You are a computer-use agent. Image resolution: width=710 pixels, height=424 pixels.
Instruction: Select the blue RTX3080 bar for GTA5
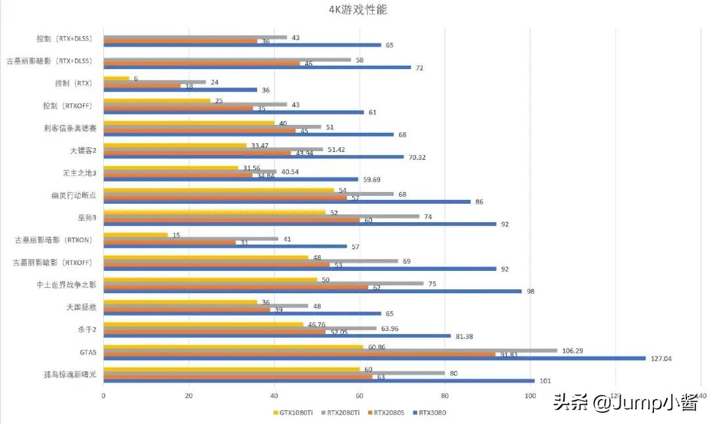375,358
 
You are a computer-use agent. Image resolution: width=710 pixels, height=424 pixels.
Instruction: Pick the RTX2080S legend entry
385,413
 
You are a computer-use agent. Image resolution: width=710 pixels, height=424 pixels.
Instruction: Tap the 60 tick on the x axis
360,396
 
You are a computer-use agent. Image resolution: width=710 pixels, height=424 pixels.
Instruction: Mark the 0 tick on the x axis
104,396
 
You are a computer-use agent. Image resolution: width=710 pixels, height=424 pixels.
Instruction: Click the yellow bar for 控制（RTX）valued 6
116,79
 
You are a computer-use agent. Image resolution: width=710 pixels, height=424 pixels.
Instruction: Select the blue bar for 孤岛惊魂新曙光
319,381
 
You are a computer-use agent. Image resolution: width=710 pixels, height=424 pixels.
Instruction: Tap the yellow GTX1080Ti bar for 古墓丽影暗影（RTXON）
135,235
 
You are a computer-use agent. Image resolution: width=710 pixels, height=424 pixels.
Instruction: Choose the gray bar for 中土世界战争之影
264,284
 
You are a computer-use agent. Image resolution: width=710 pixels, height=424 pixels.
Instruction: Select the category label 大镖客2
83,151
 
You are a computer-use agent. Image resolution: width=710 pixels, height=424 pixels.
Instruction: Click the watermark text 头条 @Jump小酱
625,402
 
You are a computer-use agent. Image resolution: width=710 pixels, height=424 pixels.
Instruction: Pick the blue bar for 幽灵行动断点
287,202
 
